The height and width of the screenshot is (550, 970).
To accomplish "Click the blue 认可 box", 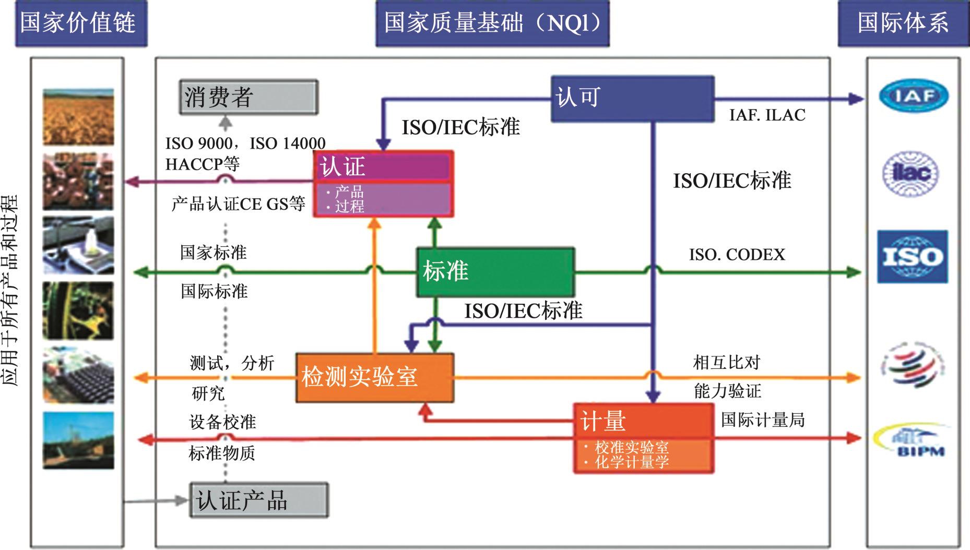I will point(632,99).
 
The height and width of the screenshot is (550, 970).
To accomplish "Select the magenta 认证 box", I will point(383,183).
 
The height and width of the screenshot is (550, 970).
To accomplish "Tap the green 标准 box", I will point(495,272).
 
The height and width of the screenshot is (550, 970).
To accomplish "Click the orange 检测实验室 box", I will point(374,377).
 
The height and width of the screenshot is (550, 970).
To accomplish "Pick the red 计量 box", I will point(643,437).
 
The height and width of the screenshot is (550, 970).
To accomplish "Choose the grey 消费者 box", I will point(248,97).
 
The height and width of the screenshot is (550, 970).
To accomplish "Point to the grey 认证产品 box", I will point(258,500).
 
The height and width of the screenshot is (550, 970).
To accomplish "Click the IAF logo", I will point(913,96).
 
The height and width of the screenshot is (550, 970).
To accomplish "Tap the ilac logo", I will point(910,173).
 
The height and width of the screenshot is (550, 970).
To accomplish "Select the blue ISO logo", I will point(912,257).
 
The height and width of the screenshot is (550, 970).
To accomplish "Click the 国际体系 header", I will point(903,23).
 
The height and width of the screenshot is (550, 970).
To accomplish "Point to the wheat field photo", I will point(78,116).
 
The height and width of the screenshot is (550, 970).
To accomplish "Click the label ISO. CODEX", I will point(737,255).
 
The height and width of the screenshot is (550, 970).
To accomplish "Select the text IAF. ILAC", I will point(767,115).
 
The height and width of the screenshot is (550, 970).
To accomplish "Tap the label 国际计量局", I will point(762,420).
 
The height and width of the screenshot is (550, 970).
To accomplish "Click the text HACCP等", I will point(202,164).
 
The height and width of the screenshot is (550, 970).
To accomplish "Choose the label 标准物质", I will point(222,453).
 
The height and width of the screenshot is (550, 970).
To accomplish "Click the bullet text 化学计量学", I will point(631,462).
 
